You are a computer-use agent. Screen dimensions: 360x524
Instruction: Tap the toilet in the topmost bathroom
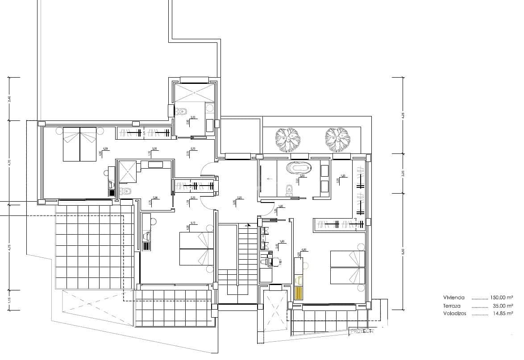pyautogui.click(x=182, y=111)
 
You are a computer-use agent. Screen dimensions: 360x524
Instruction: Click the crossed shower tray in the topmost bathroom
pyautogui.click(x=195, y=93)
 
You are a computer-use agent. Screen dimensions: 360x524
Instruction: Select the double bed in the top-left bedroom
pyautogui.click(x=80, y=144)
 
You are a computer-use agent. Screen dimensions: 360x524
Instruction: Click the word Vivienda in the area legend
pyautogui.click(x=454, y=298)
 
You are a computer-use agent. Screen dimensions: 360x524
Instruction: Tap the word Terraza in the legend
pyautogui.click(x=452, y=306)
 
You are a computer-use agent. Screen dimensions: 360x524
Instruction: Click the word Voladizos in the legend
pyautogui.click(x=455, y=314)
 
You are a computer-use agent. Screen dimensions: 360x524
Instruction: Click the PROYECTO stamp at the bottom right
pyautogui.click(x=362, y=331)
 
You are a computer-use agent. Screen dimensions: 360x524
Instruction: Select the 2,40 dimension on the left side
pyautogui.click(x=8, y=99)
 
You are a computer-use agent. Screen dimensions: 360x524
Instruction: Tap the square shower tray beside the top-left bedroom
pyautogui.click(x=129, y=172)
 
